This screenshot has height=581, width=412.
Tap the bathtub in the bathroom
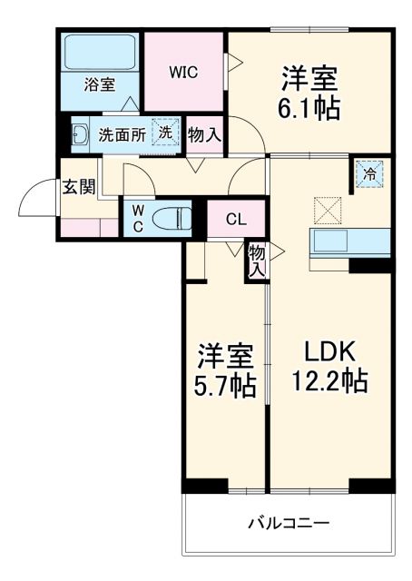click(x=100, y=53)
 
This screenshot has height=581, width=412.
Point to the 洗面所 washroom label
click(x=122, y=133)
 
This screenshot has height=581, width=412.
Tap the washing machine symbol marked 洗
click(x=164, y=132)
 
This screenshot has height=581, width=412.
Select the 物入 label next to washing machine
click(x=204, y=134)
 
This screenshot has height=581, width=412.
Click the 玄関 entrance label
click(x=78, y=187)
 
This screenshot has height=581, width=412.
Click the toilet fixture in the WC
click(x=173, y=218)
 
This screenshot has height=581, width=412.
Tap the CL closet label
click(x=235, y=219)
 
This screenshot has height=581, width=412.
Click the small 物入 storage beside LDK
click(x=257, y=261)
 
